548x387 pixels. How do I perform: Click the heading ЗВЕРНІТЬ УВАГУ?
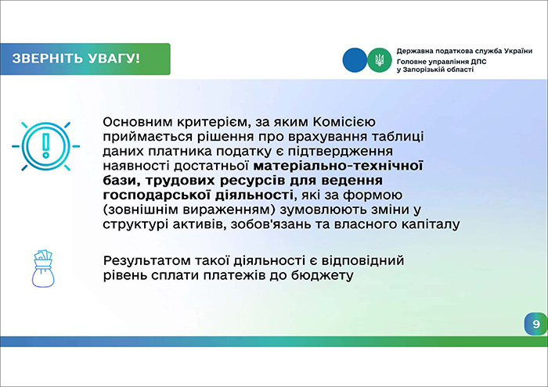(75, 59)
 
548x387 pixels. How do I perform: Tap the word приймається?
(145, 137)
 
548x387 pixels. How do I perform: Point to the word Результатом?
(148, 260)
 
